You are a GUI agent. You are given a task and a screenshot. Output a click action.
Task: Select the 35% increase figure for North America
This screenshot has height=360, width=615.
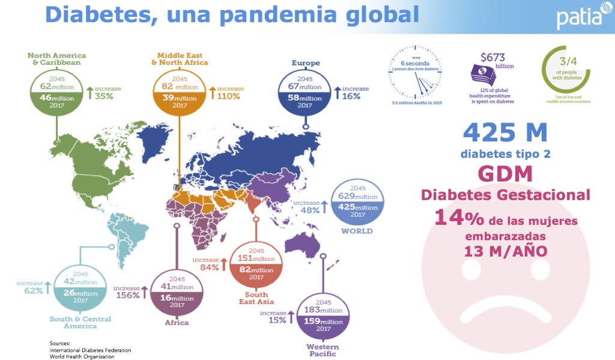pyautogui.click(x=104, y=96)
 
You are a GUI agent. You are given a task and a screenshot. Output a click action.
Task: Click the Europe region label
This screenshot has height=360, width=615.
pyautogui.click(x=305, y=63)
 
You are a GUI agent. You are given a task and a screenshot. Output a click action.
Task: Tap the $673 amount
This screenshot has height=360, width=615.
pyautogui.click(x=492, y=58)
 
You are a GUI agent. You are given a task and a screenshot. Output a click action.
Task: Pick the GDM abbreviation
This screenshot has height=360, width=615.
pyautogui.click(x=506, y=174)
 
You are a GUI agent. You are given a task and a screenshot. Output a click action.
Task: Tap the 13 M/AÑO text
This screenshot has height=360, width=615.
pyautogui.click(x=506, y=251)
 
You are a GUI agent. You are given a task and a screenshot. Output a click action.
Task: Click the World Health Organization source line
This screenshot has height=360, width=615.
pyautogui.click(x=82, y=356)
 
